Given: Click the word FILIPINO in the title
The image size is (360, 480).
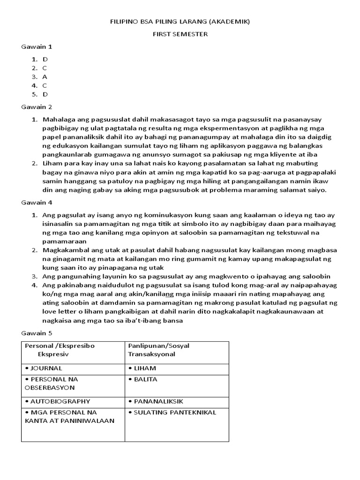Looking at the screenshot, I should [x=122, y=22].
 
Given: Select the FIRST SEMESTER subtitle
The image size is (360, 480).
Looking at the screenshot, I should [x=180, y=34].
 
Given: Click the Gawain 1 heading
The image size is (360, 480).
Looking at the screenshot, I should [x=37, y=47].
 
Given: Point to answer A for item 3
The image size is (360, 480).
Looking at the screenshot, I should [x=45, y=77].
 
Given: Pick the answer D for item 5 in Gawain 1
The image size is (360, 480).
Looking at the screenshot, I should [x=45, y=94].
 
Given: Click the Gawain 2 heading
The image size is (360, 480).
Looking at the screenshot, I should [x=37, y=107].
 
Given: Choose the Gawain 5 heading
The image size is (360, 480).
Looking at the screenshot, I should [x=37, y=333].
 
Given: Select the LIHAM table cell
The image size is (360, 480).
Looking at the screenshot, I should [x=145, y=368].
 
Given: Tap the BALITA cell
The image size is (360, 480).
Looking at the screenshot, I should [x=145, y=379].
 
